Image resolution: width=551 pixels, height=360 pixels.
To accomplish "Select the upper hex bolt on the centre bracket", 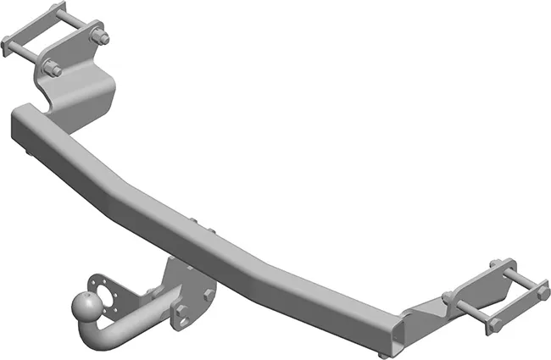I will click(x=209, y=294).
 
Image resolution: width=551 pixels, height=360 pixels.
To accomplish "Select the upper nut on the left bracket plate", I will click(x=99, y=37).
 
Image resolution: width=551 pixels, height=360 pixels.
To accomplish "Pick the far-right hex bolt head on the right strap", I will click(x=543, y=293).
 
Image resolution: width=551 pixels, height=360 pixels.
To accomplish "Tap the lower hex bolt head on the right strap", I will click(x=494, y=324).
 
